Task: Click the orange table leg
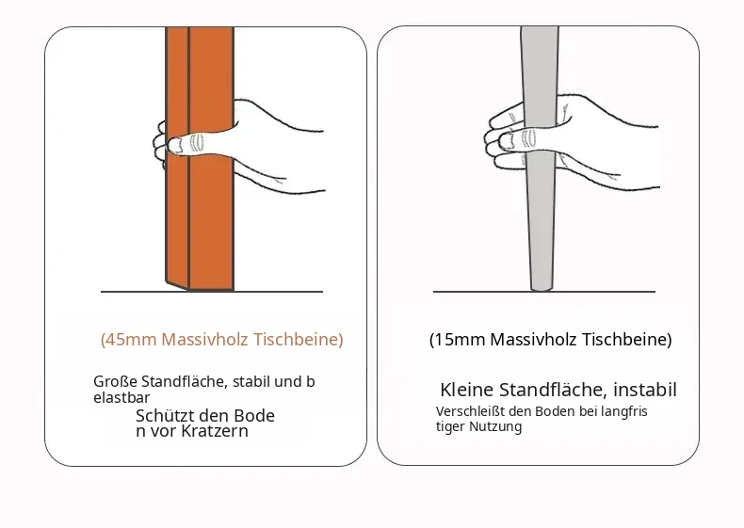[200, 158]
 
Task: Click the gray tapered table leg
[540, 158]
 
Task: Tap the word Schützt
[163, 416]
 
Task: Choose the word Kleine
[467, 390]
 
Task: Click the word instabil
[645, 390]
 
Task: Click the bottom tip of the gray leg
[541, 290]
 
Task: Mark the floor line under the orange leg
[212, 292]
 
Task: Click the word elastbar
[121, 397]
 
